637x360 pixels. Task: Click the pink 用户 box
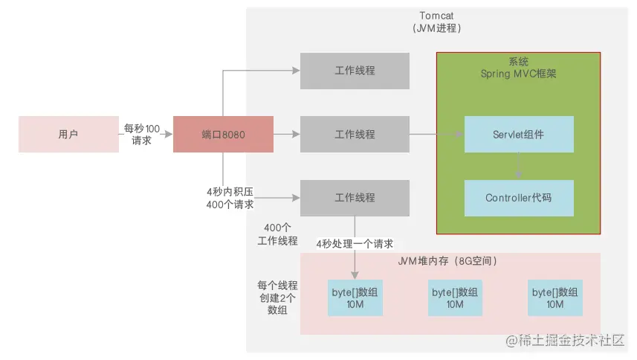(68, 135)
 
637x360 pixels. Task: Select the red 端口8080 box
(223, 135)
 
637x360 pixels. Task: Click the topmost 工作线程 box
(355, 71)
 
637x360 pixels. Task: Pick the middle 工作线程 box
(355, 135)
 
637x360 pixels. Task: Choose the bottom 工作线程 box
(355, 198)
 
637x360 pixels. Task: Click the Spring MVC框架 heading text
(518, 68)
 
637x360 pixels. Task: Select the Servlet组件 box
(518, 135)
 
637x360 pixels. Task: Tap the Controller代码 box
(518, 198)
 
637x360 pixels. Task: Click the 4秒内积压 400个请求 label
(230, 198)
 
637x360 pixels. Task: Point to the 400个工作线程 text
(277, 234)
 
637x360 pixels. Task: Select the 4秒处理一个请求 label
(355, 244)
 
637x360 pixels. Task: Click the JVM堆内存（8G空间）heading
(450, 262)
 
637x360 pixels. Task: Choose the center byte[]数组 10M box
(453, 299)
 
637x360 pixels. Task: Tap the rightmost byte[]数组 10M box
(554, 299)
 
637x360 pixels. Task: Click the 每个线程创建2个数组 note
(277, 298)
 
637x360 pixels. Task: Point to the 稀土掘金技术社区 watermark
(565, 341)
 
